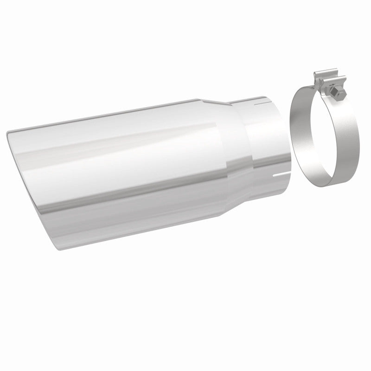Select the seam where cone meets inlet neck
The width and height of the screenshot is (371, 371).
coord(248,139)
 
